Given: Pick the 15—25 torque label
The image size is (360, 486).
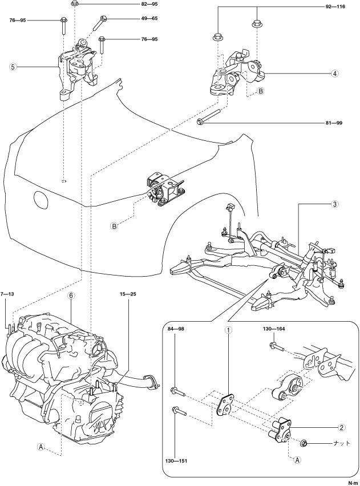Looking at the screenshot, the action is pos(128,293).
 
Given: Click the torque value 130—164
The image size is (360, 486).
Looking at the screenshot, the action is pos(273,329).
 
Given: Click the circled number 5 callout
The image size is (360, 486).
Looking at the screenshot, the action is pos(13,67).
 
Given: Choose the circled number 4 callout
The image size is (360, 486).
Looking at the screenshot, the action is pos(334,74).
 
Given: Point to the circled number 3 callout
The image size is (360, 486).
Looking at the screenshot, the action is pos(334,204).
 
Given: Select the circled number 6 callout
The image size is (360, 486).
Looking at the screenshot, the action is pos(71,295).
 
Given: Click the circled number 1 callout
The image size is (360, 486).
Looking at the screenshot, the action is pos(228,330).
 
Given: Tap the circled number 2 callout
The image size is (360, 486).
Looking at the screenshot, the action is pos(341,427).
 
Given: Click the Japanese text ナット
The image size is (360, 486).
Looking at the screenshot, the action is pos(341,443).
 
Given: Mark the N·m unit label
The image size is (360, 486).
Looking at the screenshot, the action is pos(352,483).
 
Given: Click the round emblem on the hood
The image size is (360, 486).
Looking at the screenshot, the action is pos(41,200).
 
